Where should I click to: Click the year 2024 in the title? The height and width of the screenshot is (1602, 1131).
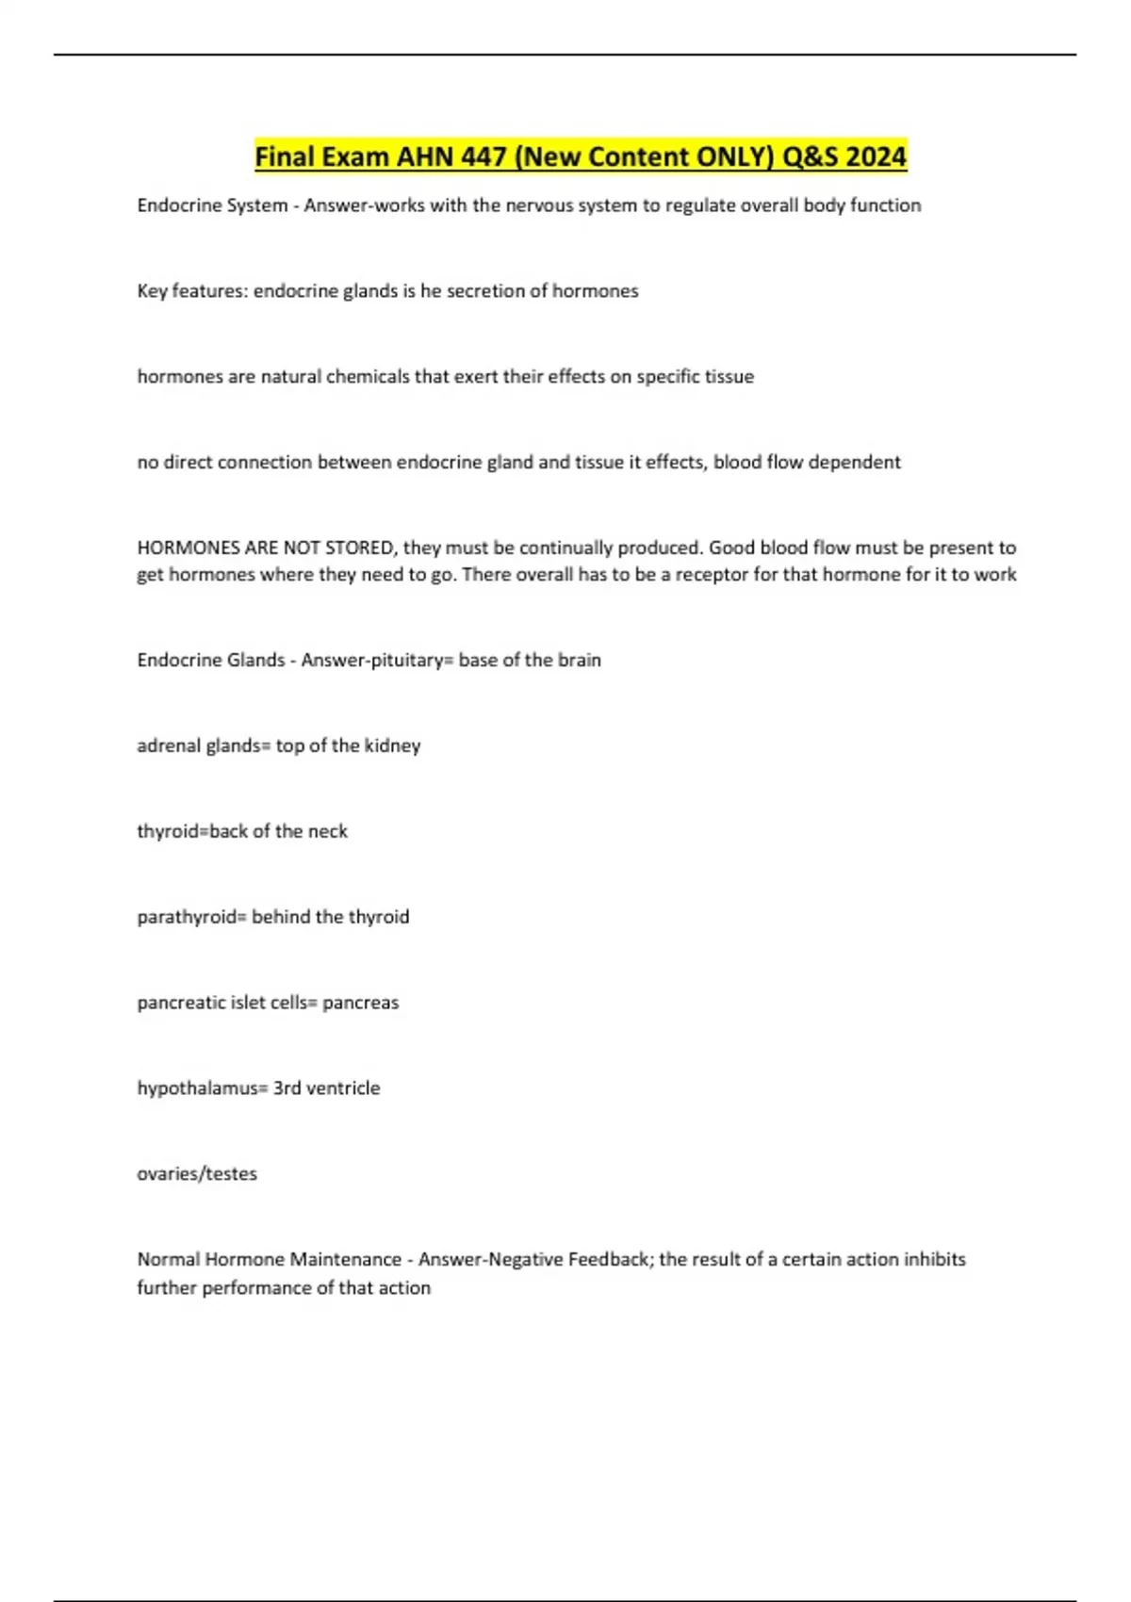pos(876,156)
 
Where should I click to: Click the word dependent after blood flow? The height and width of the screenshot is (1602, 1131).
pos(854,463)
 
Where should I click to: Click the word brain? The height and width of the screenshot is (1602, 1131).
pos(579,661)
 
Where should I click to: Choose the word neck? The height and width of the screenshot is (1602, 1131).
pos(327,832)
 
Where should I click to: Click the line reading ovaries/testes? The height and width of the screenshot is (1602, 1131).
pos(197,1174)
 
